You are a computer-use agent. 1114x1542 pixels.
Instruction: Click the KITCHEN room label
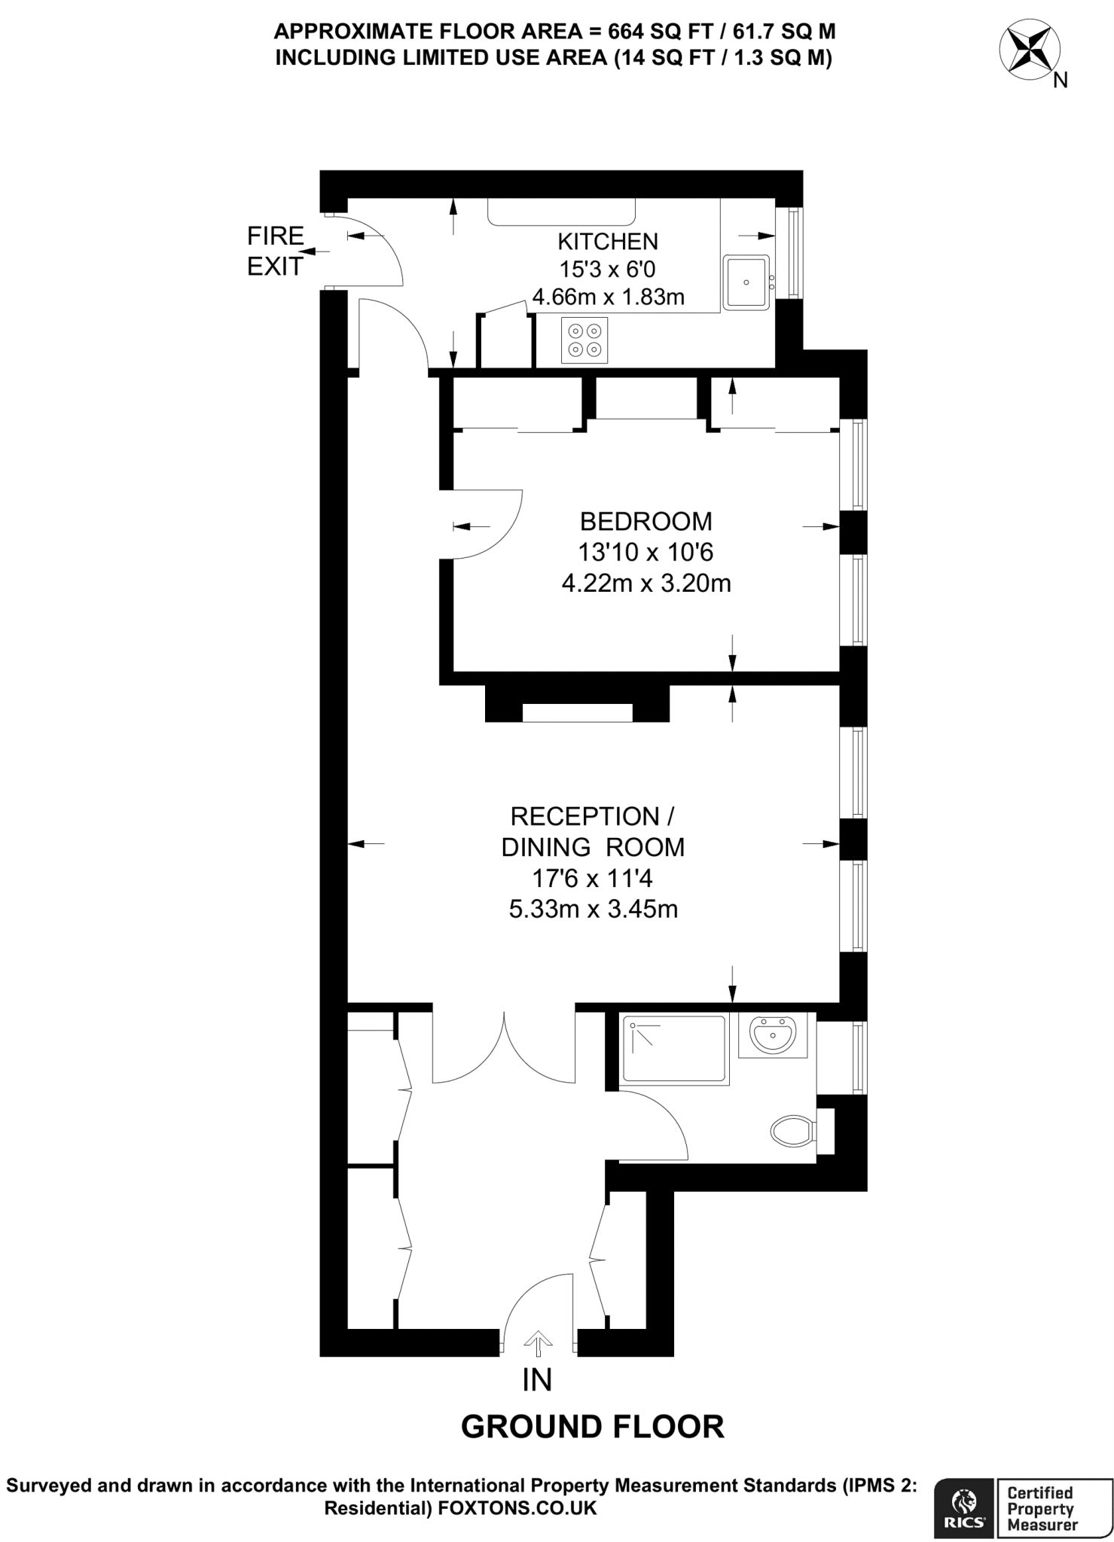(x=607, y=242)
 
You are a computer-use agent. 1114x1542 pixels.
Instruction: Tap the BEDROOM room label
(x=646, y=521)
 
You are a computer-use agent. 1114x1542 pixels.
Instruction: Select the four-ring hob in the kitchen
(x=584, y=340)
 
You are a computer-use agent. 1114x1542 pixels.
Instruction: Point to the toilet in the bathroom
(x=792, y=1130)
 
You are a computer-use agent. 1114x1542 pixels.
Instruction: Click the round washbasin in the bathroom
(x=773, y=1035)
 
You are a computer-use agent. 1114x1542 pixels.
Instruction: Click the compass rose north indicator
(x=1028, y=51)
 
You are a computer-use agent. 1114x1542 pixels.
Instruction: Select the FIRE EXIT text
(x=275, y=251)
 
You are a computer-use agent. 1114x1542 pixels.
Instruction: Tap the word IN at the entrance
(x=537, y=1380)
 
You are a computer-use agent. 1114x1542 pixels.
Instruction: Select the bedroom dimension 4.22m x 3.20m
(x=646, y=584)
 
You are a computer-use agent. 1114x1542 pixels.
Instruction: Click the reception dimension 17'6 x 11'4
(x=593, y=878)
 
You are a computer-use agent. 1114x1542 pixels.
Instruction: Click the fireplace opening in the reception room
(x=577, y=712)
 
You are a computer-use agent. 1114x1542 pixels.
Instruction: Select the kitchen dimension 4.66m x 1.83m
(x=608, y=297)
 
